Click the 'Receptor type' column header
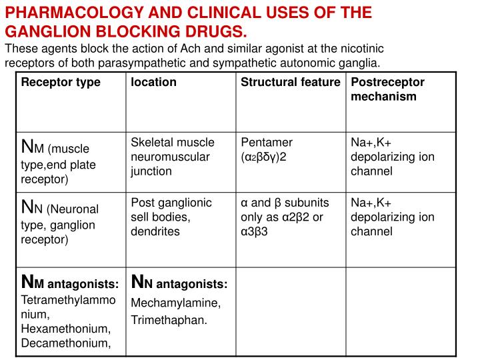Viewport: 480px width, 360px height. [61, 83]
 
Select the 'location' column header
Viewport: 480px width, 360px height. [153, 83]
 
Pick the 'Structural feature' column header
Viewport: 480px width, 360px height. [290, 83]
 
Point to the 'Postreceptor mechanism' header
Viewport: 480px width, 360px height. [387, 89]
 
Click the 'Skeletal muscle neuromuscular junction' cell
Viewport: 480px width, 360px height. [172, 157]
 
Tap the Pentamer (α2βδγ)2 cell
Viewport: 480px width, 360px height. [267, 149]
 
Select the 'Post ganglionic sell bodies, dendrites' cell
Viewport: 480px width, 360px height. [171, 217]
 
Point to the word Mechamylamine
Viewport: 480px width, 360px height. [175, 303]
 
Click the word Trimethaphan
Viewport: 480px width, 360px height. [169, 320]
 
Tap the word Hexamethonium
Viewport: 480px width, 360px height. [66, 329]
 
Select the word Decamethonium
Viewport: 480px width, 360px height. [66, 343]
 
